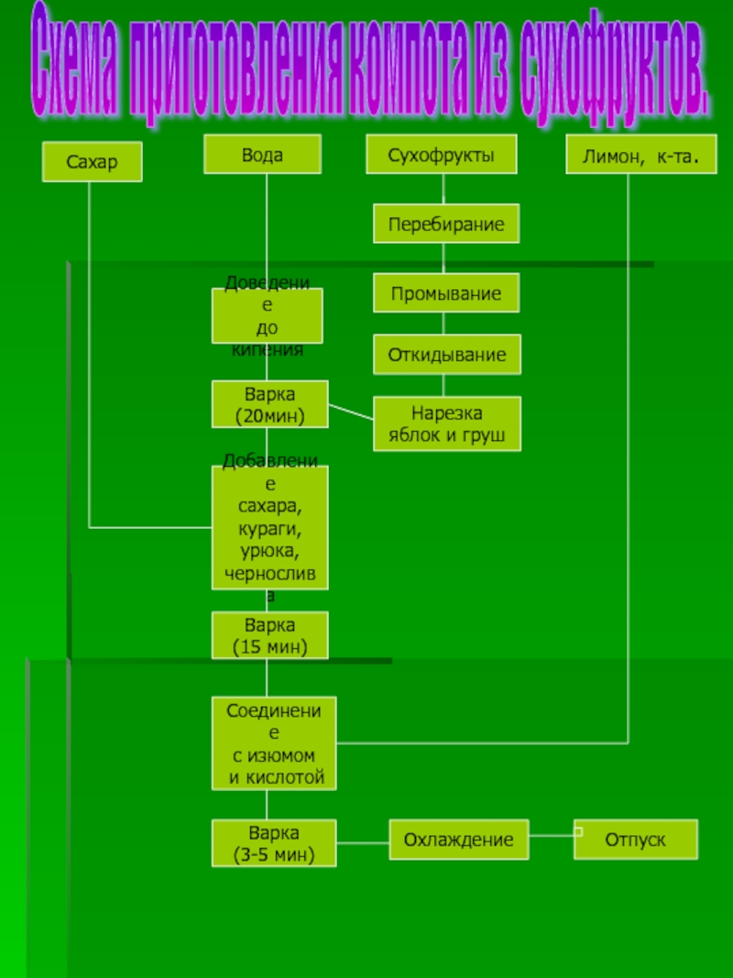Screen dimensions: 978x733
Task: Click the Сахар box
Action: tap(92, 162)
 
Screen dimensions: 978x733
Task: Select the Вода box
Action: tap(262, 155)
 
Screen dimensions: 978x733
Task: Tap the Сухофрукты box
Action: tap(441, 155)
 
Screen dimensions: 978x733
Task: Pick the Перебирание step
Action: tap(446, 224)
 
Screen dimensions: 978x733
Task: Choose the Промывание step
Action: tap(446, 294)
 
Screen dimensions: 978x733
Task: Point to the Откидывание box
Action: tap(446, 355)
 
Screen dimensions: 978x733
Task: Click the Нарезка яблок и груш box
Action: tap(446, 424)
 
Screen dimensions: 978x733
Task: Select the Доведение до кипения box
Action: tap(267, 316)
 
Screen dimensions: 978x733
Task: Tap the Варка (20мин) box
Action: tap(269, 404)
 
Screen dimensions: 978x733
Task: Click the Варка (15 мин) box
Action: tap(269, 636)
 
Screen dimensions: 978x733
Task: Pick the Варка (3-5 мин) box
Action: tap(274, 843)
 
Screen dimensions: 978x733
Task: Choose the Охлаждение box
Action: tap(459, 840)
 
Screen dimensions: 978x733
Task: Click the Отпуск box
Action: tap(635, 840)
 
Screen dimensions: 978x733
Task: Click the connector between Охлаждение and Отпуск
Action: tap(552, 835)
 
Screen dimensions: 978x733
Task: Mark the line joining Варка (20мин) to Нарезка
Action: tap(351, 412)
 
